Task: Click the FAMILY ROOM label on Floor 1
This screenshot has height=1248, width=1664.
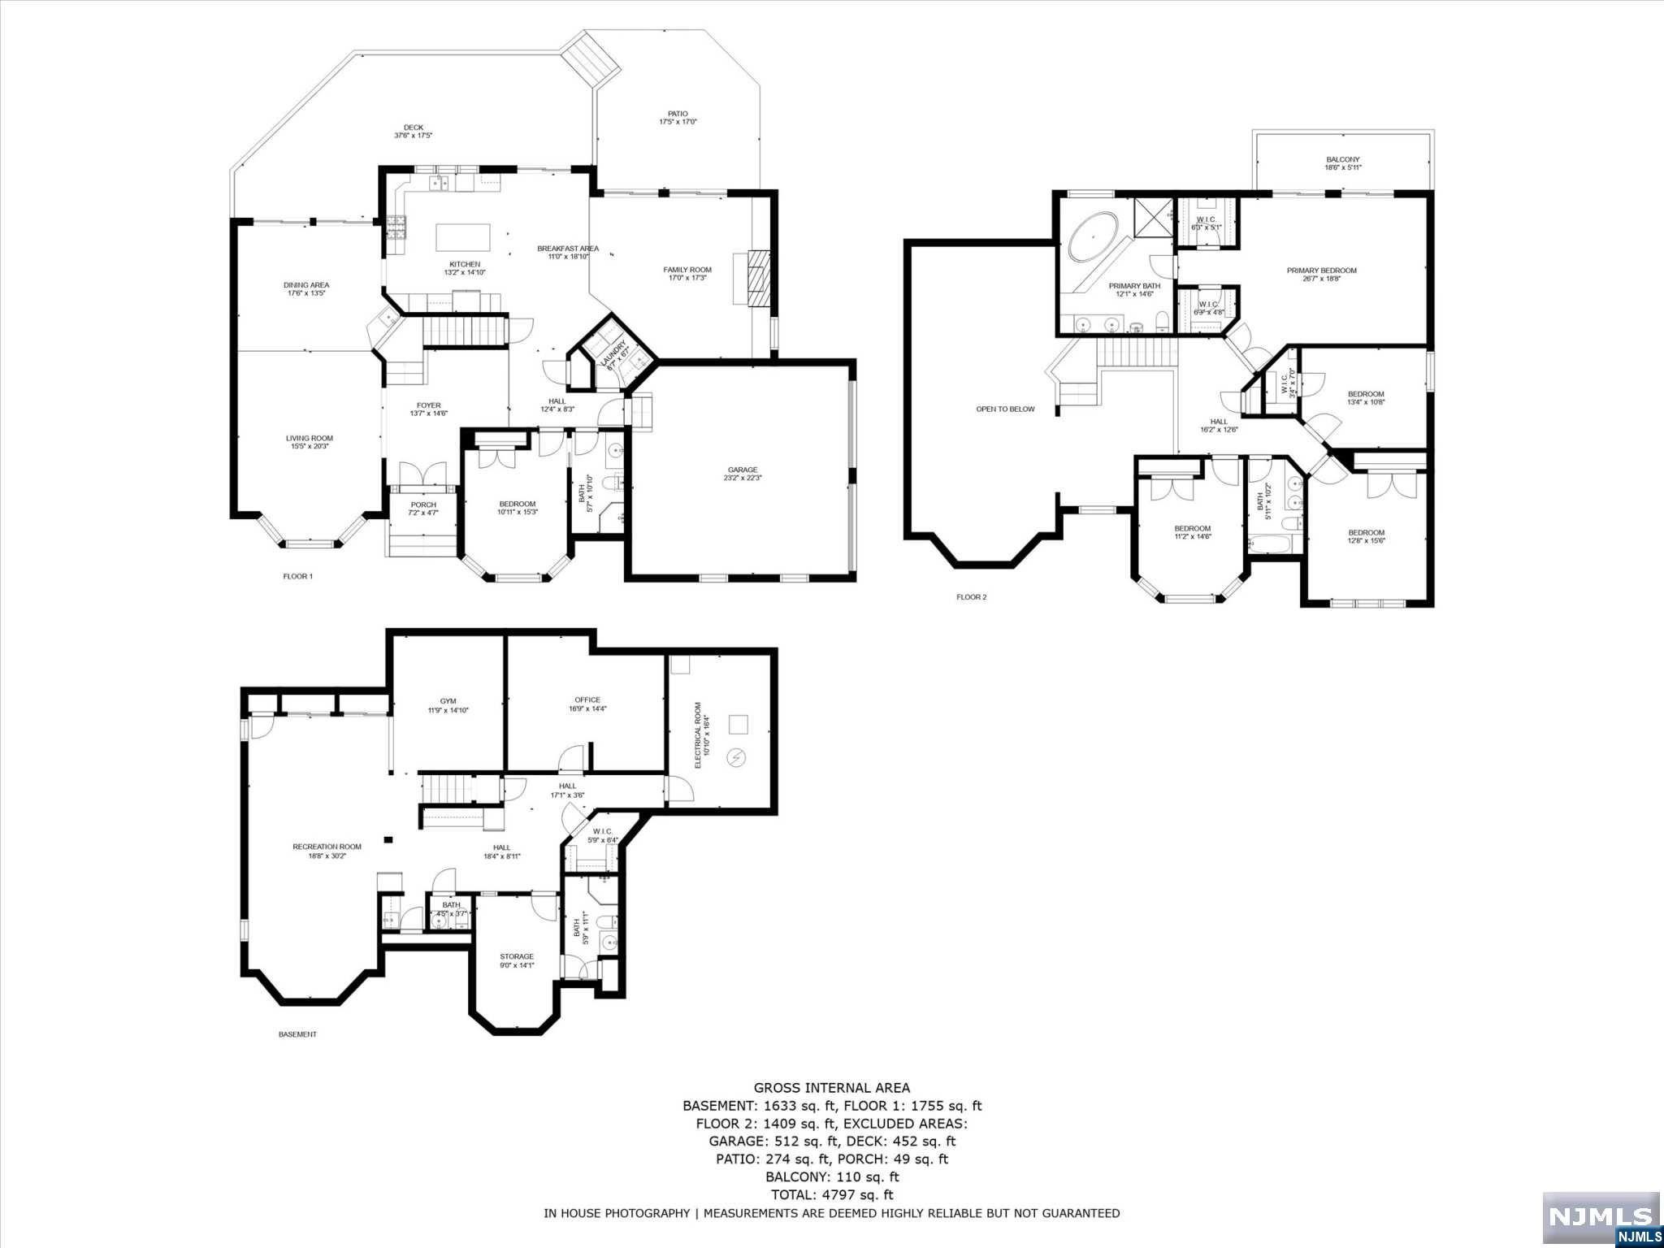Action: point(687,270)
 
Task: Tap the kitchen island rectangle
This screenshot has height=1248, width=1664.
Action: point(464,238)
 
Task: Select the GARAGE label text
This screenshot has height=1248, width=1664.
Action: point(742,470)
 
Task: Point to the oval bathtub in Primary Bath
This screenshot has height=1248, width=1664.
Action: point(1091,236)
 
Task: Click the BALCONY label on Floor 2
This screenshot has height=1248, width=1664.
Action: point(1342,160)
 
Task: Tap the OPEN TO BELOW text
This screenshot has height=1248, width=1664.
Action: point(1005,409)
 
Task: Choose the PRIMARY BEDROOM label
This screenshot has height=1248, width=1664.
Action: point(1321,271)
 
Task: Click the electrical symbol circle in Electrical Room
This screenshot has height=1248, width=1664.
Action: point(737,757)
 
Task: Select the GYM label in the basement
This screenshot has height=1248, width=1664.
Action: point(448,701)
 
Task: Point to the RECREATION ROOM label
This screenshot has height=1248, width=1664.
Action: point(327,847)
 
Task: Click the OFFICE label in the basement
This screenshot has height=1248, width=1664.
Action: point(587,700)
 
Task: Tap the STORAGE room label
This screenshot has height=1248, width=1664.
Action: point(516,956)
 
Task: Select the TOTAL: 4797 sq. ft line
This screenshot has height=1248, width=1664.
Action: point(831,1194)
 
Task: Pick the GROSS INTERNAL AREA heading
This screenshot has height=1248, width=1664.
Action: point(831,1088)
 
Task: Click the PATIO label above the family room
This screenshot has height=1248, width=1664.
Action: point(678,114)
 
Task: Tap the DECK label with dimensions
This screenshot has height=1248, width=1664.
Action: point(413,128)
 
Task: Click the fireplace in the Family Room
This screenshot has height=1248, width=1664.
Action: point(756,276)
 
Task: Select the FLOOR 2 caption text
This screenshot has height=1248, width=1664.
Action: point(971,597)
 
